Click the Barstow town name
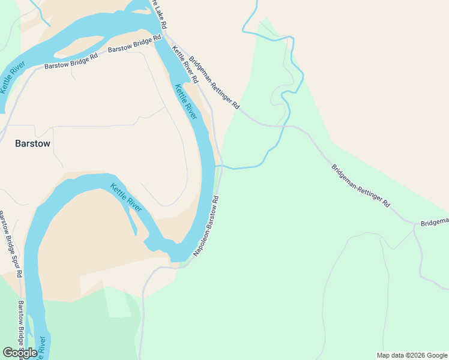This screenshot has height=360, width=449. (x=32, y=144)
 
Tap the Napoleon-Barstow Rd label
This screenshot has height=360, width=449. (x=206, y=226)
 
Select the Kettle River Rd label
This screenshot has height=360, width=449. (x=185, y=64)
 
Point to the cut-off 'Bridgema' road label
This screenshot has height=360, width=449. (x=435, y=222)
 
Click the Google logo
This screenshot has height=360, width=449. (x=20, y=353)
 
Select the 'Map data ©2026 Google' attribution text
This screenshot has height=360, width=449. (x=411, y=355)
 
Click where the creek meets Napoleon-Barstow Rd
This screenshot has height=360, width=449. (x=220, y=166)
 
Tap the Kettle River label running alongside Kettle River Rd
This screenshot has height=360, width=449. (x=185, y=101)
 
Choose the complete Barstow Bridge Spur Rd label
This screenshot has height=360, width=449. (x=10, y=244)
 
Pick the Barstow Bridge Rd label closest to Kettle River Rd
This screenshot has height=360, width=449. (x=134, y=43)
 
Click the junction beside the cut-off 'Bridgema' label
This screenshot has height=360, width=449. (x=415, y=225)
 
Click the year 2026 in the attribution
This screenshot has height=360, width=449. (x=414, y=355)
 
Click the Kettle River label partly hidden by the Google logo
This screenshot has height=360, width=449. (x=42, y=348)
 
